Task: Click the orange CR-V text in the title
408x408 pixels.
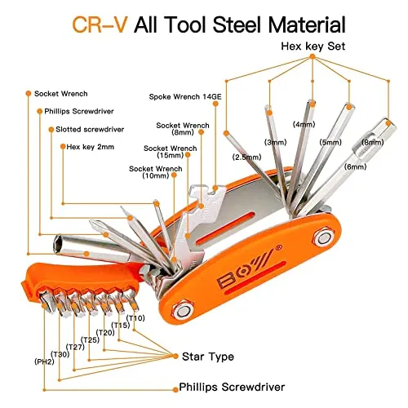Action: (x=100, y=24)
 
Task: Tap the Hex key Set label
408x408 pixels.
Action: (x=313, y=47)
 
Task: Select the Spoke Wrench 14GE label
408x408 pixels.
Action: (x=185, y=97)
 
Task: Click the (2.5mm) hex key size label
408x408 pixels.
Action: (x=246, y=157)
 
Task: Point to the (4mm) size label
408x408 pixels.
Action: (x=304, y=124)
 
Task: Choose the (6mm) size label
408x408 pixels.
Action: (x=355, y=166)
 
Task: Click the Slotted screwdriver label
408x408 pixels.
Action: (x=90, y=129)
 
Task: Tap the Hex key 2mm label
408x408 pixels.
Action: (x=91, y=147)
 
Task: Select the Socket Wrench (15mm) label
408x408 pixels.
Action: (x=171, y=152)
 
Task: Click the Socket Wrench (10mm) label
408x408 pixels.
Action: (x=156, y=172)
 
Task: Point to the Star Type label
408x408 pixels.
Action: (x=208, y=357)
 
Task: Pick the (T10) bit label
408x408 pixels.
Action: (x=135, y=318)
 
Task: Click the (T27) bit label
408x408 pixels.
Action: (x=75, y=347)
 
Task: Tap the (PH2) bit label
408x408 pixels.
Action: (x=44, y=361)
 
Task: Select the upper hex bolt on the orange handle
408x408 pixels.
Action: (x=324, y=238)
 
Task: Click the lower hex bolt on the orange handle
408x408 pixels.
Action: (x=183, y=310)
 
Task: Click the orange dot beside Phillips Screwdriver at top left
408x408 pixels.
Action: (x=40, y=111)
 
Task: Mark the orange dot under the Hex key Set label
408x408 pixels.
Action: (x=313, y=56)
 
